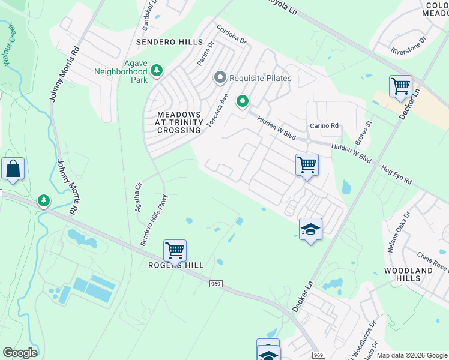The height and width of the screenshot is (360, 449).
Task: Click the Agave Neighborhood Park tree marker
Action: [x=157, y=71]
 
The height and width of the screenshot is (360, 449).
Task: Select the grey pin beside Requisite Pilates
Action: [x=220, y=78]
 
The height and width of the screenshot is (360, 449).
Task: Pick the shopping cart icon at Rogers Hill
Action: [x=175, y=250]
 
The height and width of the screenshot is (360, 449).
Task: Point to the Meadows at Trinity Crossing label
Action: [x=178, y=122]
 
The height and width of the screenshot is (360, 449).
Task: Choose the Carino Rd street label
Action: [x=324, y=125]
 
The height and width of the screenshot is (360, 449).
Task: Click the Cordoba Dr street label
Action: [x=232, y=35]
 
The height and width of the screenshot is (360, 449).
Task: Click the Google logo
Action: [x=20, y=353]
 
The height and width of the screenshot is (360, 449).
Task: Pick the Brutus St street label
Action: [x=363, y=132]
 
